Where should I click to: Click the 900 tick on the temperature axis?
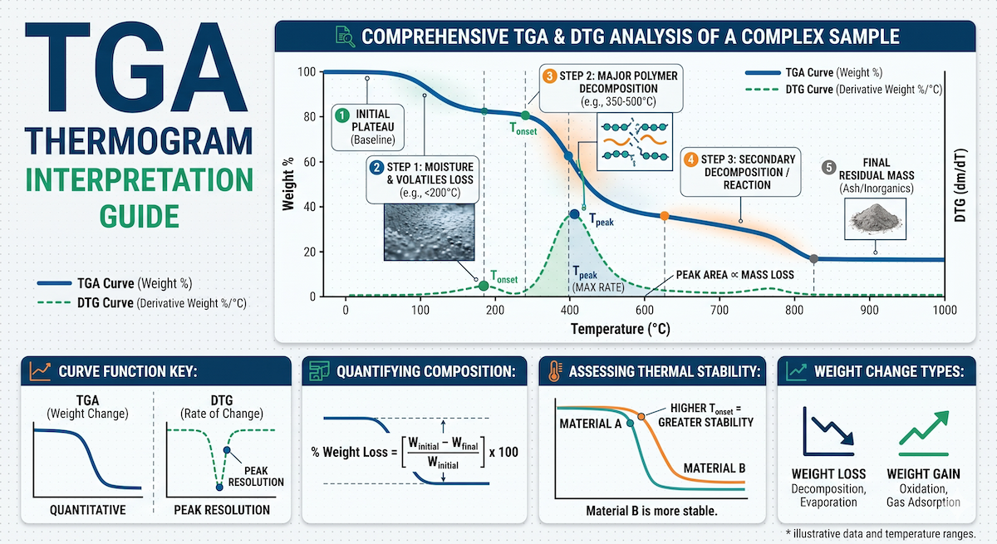pos(869,310)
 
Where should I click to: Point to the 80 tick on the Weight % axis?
pos(310,117)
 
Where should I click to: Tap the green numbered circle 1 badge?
pos(341,115)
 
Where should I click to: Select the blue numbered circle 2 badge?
pos(376,168)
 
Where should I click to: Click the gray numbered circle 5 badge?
pos(829,168)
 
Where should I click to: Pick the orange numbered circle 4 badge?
pos(690,159)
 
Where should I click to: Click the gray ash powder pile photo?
pos(876,218)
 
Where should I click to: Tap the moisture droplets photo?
pos(429,232)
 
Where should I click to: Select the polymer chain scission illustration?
pos(634,141)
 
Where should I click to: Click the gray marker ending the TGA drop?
pos(813,259)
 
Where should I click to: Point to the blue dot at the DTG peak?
pos(575,214)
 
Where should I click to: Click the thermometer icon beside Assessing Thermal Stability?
pos(555,371)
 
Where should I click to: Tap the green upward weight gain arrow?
pos(924,428)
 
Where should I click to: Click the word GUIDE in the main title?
pos(140,217)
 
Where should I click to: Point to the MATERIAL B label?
pos(715,468)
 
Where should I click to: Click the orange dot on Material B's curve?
pos(641,416)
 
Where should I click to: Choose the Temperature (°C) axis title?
pos(621,329)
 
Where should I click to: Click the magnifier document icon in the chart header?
pos(345,37)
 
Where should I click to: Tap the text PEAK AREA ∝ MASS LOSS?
pos(734,275)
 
